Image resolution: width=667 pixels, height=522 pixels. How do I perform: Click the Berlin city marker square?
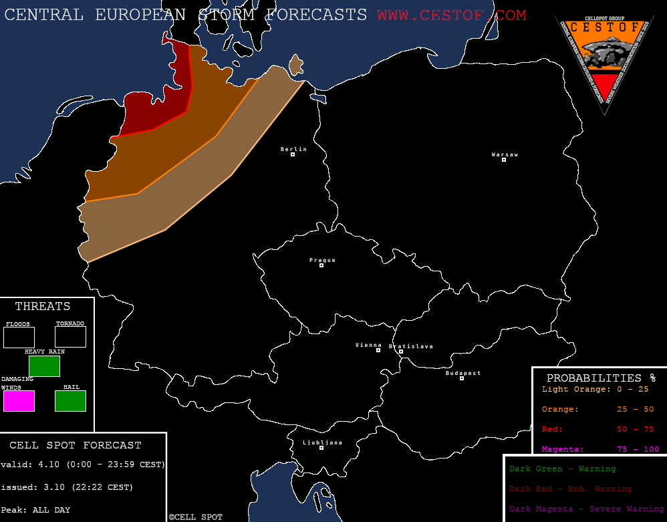[293, 154]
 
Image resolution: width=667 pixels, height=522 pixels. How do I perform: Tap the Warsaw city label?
[505, 154]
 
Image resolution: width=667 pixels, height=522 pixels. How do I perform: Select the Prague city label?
[322, 260]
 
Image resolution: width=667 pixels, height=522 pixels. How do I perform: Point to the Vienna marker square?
[378, 350]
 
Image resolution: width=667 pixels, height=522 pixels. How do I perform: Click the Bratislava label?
[411, 346]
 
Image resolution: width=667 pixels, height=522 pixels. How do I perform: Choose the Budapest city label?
[463, 373]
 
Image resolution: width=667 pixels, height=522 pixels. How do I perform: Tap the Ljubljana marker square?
[321, 448]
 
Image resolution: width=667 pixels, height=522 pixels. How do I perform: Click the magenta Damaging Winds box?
[19, 401]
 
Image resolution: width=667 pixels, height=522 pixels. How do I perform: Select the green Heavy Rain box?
[44, 366]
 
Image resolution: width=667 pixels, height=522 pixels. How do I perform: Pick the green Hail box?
[70, 401]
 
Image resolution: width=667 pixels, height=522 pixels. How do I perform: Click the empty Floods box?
[19, 337]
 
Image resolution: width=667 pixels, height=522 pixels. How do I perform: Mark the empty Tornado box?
[70, 337]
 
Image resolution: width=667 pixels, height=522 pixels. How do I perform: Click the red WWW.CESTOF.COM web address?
[451, 15]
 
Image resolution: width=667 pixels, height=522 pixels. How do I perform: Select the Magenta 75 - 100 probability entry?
[600, 449]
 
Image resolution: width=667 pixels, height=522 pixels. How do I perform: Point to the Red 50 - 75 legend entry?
[600, 429]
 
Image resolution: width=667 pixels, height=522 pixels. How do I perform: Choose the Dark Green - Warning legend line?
[562, 469]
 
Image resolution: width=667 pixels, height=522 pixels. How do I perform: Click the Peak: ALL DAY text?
[35, 510]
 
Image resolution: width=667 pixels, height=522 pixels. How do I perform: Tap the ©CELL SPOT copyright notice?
[195, 517]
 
